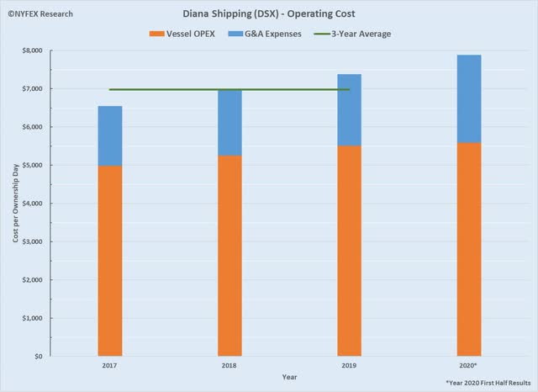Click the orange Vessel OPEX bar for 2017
110,261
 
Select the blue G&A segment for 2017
110,135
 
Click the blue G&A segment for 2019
349,110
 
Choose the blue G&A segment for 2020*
469,98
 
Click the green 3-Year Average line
168,89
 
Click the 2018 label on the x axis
229,366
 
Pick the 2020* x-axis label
469,366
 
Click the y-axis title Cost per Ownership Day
15,204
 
